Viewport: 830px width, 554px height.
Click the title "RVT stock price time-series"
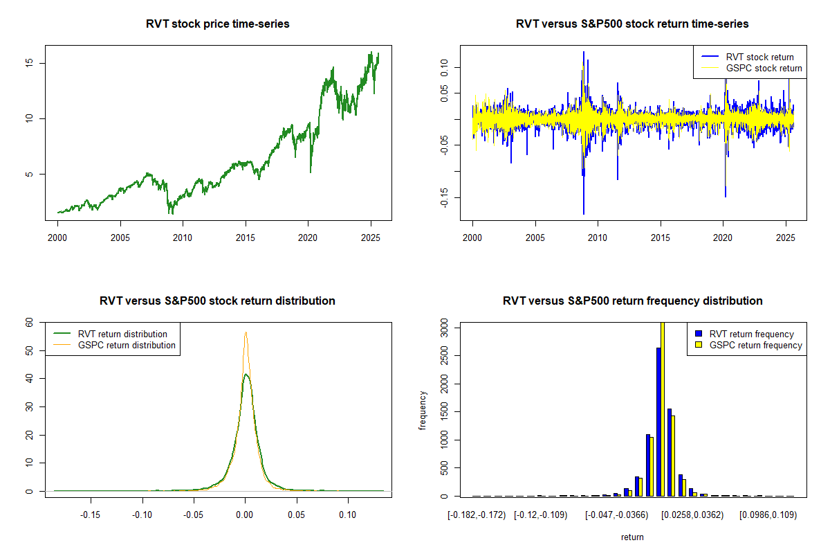[217, 24]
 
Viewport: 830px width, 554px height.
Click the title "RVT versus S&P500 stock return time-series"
[632, 24]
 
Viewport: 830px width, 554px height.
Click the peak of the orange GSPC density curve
[245, 332]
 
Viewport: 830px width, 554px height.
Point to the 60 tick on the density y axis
[29, 322]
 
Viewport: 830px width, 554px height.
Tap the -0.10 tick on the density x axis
[142, 515]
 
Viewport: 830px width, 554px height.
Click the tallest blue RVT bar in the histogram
[658, 422]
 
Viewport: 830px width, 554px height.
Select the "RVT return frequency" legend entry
[751, 334]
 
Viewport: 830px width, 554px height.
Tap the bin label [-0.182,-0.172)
[477, 515]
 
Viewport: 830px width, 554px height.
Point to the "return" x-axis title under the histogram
[632, 537]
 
